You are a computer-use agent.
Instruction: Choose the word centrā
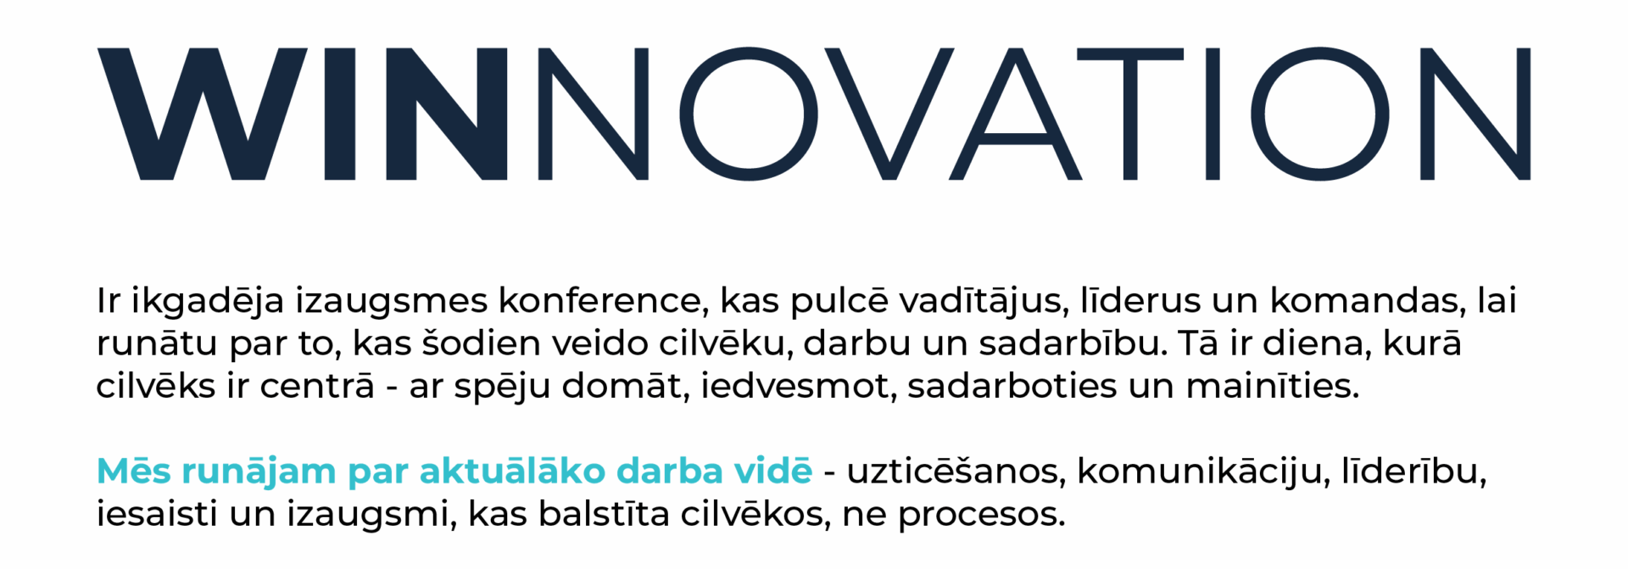pyautogui.click(x=317, y=386)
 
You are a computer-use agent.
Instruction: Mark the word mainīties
pyautogui.click(x=1272, y=386)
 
